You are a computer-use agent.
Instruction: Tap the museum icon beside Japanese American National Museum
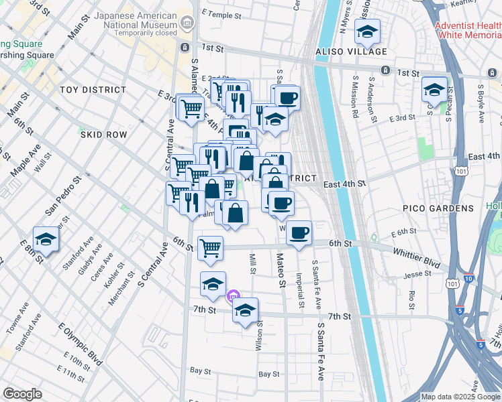tap(187, 23)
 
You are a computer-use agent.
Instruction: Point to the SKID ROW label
tap(103, 135)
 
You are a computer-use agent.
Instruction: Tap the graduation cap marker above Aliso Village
tap(367, 31)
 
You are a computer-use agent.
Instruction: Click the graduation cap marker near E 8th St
tap(46, 239)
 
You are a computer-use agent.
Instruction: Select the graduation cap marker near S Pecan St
tap(434, 90)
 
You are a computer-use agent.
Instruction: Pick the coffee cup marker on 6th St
tap(299, 233)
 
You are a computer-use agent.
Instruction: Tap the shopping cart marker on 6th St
tap(210, 247)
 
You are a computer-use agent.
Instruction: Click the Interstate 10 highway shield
tap(468, 277)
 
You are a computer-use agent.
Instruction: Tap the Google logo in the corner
tap(22, 394)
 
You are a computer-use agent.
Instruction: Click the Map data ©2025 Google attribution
tap(460, 397)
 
